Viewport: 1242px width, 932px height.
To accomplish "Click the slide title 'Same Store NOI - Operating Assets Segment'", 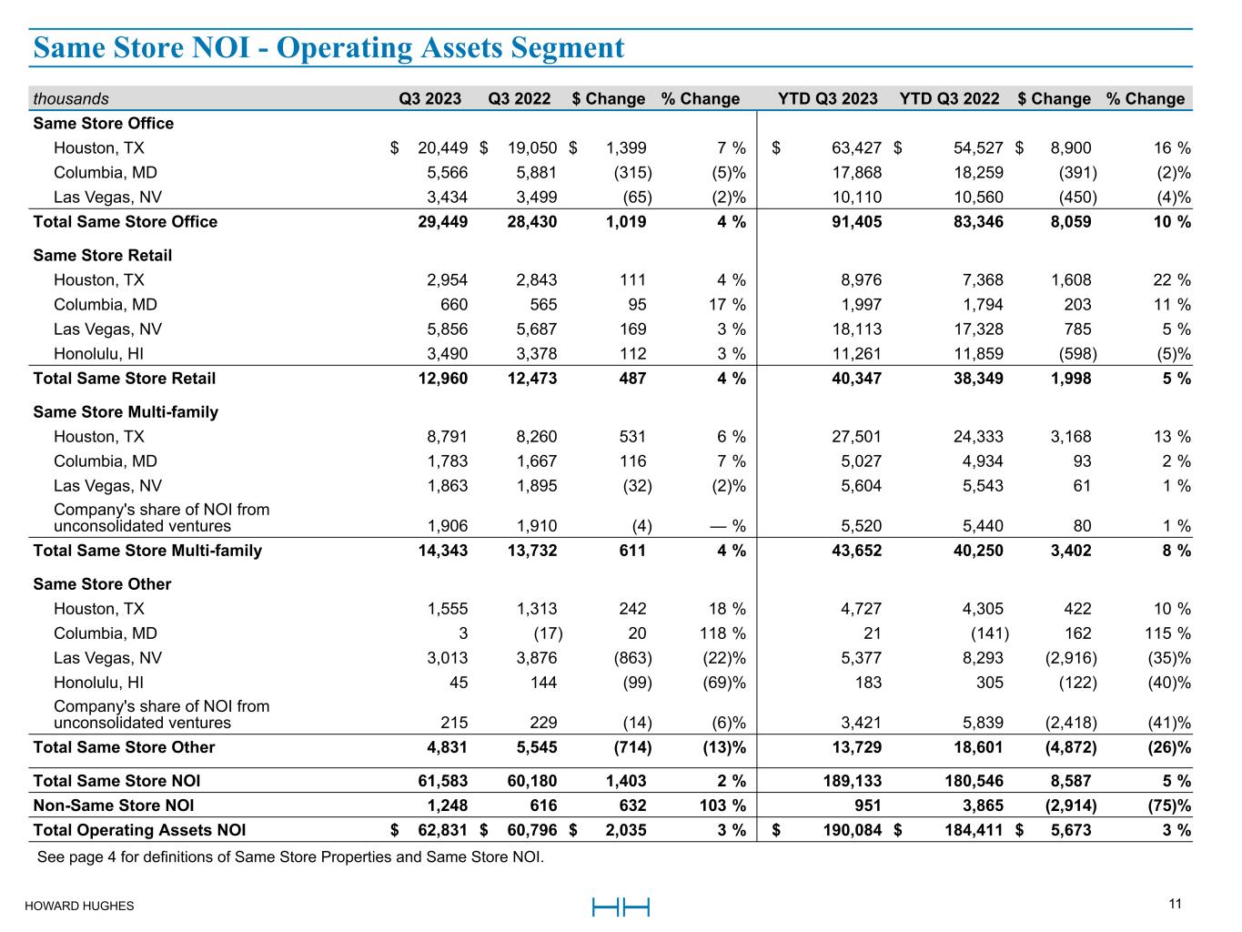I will coord(328,47).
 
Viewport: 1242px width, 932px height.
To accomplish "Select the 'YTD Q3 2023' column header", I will coord(828,98).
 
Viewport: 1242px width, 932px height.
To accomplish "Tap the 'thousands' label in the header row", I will coord(71,98).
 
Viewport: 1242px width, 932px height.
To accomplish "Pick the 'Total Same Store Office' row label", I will coord(125,222).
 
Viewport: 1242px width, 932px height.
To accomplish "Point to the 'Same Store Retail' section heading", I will coord(102,256).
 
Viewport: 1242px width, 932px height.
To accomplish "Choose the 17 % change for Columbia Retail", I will coord(726,305).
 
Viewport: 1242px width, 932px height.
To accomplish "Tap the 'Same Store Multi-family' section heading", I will coord(126,412).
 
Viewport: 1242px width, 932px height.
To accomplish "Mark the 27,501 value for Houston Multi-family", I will coord(856,437).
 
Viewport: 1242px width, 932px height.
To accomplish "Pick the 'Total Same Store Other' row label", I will coord(124,747).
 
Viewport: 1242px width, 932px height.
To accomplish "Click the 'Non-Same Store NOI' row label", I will coord(113,805).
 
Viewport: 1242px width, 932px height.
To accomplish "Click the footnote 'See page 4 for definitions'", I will coord(290,856).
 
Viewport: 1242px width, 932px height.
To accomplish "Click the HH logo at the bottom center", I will coord(621,907).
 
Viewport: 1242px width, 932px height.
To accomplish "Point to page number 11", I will coord(1176,904).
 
